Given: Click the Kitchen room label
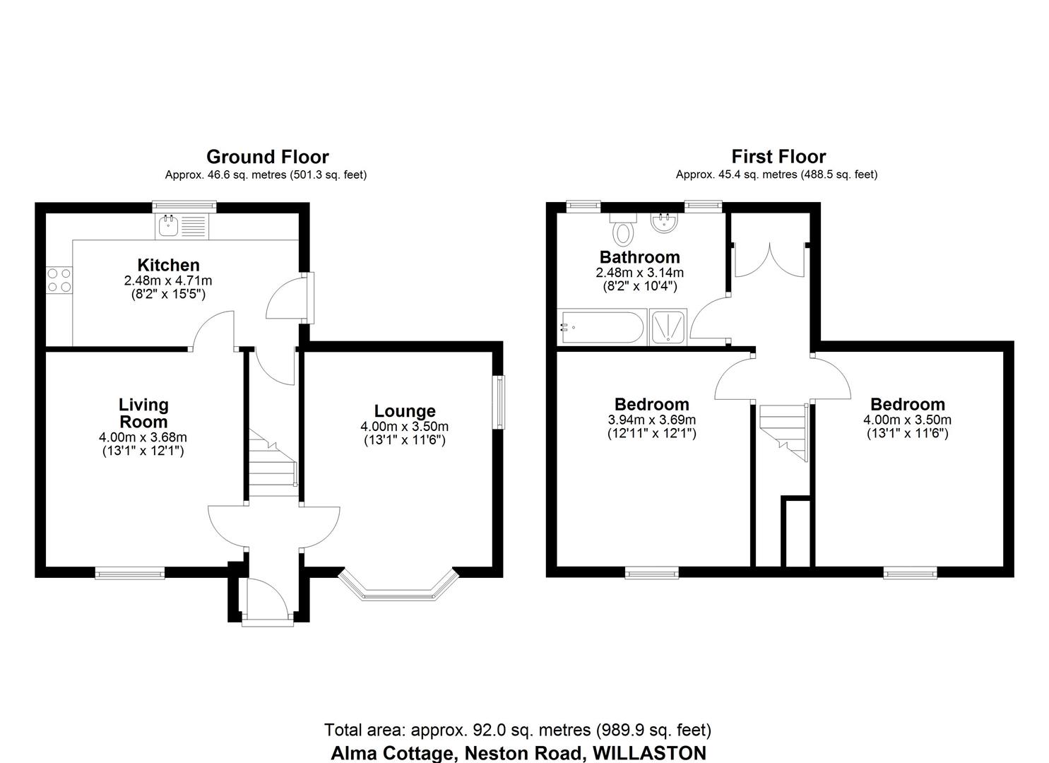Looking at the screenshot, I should coord(168,265).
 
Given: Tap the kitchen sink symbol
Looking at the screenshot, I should coord(170,226).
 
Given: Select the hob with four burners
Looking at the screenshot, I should coord(59,279).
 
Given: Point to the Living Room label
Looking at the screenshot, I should coord(143,413).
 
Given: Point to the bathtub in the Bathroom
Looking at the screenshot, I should coord(600,328).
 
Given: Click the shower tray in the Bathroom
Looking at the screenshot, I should coord(667,328).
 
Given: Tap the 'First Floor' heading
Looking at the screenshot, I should coord(778,156).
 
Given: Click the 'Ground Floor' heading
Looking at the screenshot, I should coord(267,156).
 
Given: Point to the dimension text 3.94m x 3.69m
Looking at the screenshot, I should coord(652,420).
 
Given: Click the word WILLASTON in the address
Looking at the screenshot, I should coord(649,752).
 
